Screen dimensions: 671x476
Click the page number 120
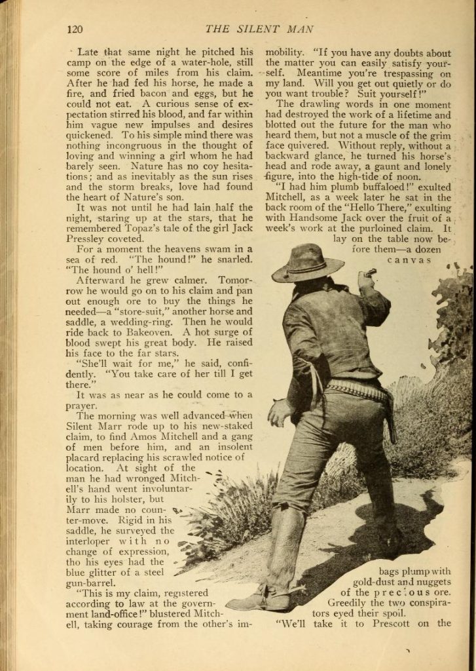(74, 29)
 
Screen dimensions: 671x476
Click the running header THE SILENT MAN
(259, 29)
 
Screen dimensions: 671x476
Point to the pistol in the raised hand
(370, 272)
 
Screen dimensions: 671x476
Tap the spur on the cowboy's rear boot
(296, 590)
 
